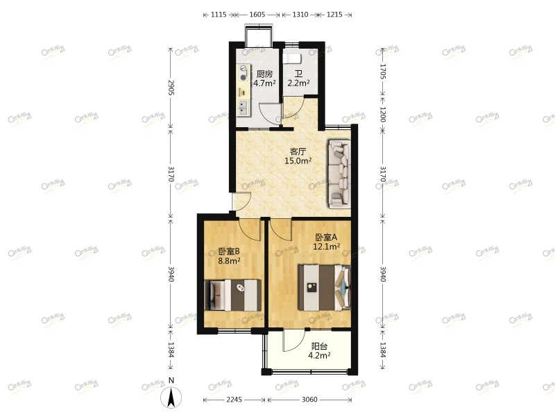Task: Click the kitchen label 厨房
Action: pyautogui.click(x=264, y=74)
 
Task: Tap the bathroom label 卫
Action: pyautogui.click(x=298, y=74)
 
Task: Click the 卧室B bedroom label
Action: pyautogui.click(x=228, y=252)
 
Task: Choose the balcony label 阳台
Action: pyautogui.click(x=319, y=345)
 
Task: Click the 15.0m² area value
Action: pyautogui.click(x=298, y=161)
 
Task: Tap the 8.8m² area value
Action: pyautogui.click(x=228, y=261)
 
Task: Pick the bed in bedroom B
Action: pyautogui.click(x=232, y=295)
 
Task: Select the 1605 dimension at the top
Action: pyautogui.click(x=256, y=15)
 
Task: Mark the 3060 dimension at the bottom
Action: pyautogui.click(x=309, y=400)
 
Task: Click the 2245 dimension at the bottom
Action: pyautogui.click(x=234, y=400)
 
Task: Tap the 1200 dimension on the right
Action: pyautogui.click(x=382, y=114)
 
